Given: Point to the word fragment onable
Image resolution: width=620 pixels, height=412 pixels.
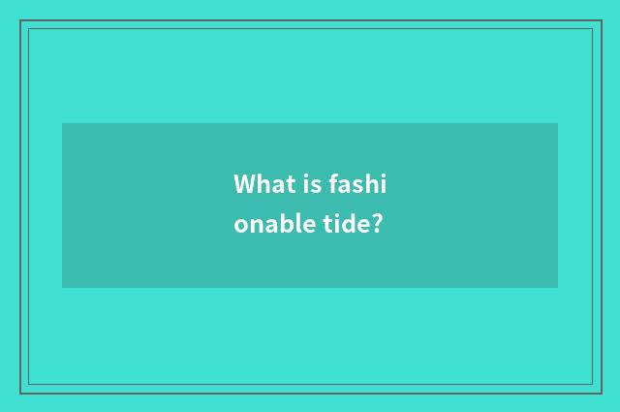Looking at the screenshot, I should pos(263,225).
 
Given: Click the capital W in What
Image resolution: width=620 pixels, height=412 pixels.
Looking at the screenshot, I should pos(244,183).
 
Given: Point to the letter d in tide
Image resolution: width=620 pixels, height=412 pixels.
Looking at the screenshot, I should pos(343,225).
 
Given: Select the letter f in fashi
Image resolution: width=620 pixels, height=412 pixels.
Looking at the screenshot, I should pos(332,183).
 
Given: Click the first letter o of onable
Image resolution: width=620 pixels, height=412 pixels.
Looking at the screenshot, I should pos(240,227).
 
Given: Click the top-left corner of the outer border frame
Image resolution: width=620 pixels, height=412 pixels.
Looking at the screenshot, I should pos(20,20).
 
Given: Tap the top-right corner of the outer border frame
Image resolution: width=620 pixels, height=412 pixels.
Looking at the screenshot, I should pos(600,20).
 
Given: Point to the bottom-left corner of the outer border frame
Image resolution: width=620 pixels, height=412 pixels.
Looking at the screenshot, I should pos(20,393).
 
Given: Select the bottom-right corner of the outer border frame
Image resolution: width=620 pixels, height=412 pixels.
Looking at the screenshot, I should pos(600,393).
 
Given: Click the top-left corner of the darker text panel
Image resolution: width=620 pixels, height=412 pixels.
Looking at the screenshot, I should pos(62,123).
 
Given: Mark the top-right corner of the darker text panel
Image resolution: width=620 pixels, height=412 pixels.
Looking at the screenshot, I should pos(558,123).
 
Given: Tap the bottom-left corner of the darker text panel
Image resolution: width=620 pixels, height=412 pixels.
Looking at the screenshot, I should pos(62,288).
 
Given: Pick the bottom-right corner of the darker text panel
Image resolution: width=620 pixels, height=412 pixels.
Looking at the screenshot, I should pos(558,288).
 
